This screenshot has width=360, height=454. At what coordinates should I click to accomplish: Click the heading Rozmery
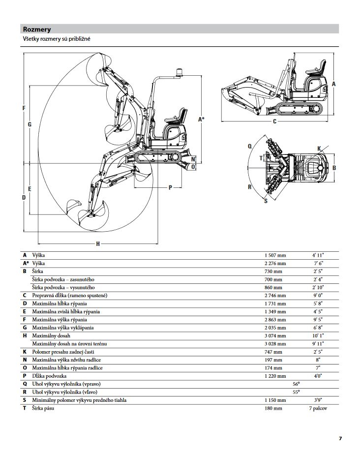37,30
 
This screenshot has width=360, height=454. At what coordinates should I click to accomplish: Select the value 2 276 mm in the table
275,264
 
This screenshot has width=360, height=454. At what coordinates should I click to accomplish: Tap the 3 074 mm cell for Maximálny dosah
275,335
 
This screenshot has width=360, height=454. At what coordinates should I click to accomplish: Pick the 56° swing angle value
296,384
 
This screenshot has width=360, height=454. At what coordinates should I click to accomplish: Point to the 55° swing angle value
296,392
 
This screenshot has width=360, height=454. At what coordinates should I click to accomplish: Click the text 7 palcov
318,408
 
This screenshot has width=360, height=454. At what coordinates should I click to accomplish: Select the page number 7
340,438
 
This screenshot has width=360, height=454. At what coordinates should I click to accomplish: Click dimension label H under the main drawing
98,244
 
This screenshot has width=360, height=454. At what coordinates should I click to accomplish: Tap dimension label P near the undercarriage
170,187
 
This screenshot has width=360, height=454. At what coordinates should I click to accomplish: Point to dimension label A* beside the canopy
202,119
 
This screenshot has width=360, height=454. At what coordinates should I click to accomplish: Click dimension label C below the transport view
274,121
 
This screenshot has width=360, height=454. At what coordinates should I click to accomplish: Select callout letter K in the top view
319,148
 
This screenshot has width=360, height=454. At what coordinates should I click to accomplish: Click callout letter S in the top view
266,201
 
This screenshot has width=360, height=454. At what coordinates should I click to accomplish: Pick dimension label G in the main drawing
30,124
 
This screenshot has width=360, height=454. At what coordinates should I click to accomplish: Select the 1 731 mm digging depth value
275,303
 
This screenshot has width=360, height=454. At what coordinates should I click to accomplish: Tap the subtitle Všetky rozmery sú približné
56,39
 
